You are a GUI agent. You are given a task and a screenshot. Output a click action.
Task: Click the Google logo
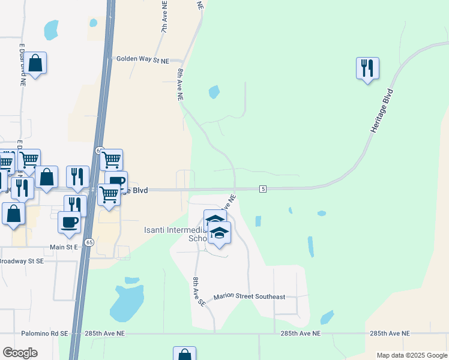(20, 352)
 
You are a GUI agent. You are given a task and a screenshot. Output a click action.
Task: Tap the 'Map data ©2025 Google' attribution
(412, 355)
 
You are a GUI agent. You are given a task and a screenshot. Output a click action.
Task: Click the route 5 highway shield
(263, 189)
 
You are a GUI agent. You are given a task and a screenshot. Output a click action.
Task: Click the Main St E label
(65, 247)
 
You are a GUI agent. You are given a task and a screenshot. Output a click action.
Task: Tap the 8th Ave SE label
(198, 292)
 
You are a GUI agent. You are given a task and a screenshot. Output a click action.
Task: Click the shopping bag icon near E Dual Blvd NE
(35, 63)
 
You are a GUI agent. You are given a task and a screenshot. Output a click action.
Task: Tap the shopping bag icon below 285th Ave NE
(184, 354)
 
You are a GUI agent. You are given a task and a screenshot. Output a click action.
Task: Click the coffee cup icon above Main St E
(69, 221)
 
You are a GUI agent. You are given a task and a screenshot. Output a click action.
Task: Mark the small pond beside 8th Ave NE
(214, 92)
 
